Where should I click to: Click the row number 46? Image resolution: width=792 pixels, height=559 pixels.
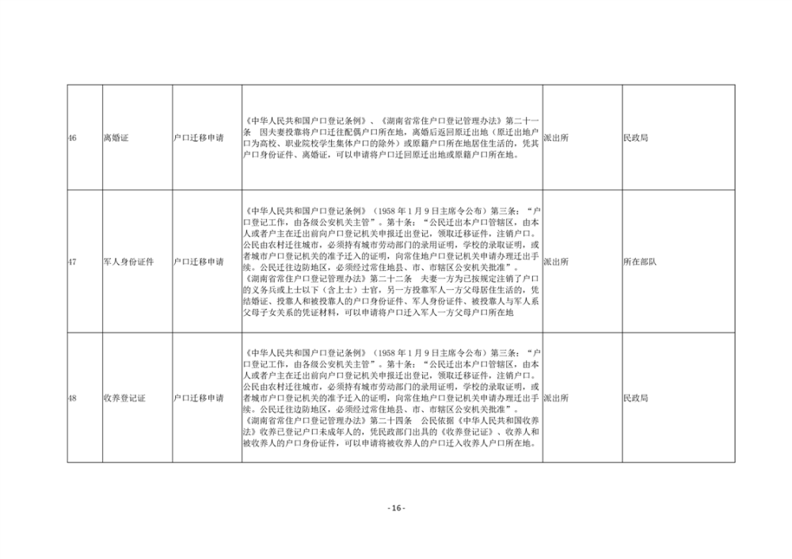tap(72, 138)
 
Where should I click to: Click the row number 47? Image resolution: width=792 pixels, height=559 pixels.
tap(72, 262)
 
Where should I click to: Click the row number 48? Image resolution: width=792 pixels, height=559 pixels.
tap(72, 398)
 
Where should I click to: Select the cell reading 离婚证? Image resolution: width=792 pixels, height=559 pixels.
tap(116, 138)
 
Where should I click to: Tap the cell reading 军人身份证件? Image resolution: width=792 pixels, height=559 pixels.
tap(128, 262)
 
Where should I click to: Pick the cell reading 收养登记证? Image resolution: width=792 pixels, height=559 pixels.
tap(124, 398)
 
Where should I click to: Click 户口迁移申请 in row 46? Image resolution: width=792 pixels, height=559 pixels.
tap(199, 138)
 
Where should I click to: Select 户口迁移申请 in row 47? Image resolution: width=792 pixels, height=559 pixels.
tap(199, 262)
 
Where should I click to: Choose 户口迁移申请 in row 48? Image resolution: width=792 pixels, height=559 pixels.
tap(199, 398)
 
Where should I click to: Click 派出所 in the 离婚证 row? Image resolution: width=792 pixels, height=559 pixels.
tap(556, 138)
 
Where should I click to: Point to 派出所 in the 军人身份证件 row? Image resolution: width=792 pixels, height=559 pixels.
tap(556, 262)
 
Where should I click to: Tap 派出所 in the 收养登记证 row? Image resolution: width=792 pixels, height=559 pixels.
tap(556, 398)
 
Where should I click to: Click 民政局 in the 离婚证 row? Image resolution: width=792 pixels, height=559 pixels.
tap(636, 138)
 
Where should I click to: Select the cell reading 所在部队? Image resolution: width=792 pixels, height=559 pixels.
tap(640, 262)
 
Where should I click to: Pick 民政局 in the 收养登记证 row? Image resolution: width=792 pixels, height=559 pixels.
tap(636, 398)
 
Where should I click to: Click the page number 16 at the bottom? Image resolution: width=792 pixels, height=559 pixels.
tap(396, 508)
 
